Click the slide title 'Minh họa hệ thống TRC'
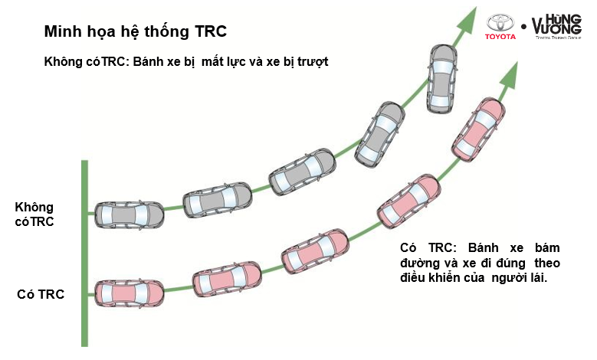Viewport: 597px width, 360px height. pyautogui.click(x=135, y=32)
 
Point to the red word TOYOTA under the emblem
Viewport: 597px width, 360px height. pyautogui.click(x=502, y=37)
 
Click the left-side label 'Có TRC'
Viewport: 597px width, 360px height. pyautogui.click(x=40, y=294)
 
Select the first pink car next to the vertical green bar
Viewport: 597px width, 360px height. pyautogui.click(x=129, y=293)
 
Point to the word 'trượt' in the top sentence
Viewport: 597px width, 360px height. pyautogui.click(x=310, y=61)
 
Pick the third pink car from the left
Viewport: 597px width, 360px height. pyautogui.click(x=316, y=248)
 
